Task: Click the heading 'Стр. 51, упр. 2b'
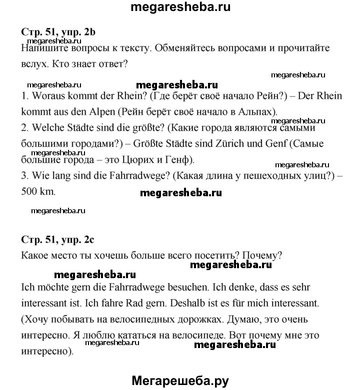(x=58, y=32)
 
